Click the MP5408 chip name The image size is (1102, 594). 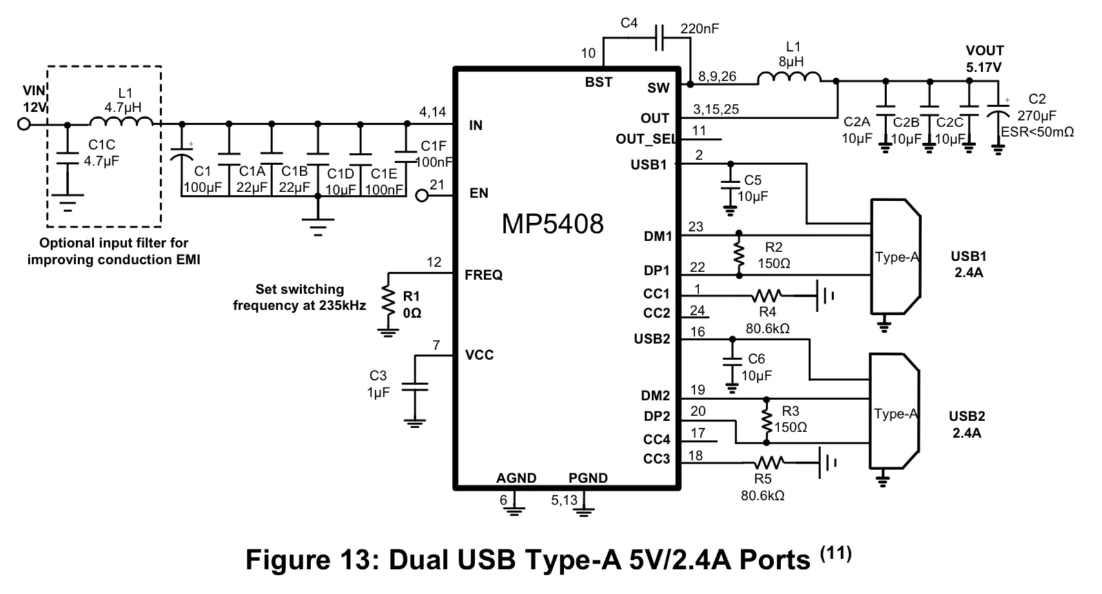click(x=553, y=224)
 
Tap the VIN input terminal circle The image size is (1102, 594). click(x=24, y=123)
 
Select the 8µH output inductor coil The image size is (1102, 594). click(x=789, y=78)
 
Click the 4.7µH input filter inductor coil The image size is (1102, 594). click(x=121, y=121)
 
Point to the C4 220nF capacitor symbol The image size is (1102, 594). click(x=659, y=38)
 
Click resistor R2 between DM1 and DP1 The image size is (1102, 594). click(x=739, y=254)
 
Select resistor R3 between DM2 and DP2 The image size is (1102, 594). click(x=766, y=421)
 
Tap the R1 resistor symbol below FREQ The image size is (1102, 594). click(x=387, y=301)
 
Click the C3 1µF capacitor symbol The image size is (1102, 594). click(x=414, y=387)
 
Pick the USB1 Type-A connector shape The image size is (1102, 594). click(x=895, y=256)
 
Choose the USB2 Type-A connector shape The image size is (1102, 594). click(x=893, y=411)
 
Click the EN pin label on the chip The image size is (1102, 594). click(x=478, y=193)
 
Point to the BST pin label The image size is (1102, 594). click(x=598, y=82)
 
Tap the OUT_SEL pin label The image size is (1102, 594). click(x=645, y=139)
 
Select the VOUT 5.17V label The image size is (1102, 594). click(x=984, y=59)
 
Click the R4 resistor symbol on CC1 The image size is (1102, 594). click(x=767, y=296)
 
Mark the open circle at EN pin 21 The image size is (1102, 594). click(x=422, y=195)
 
